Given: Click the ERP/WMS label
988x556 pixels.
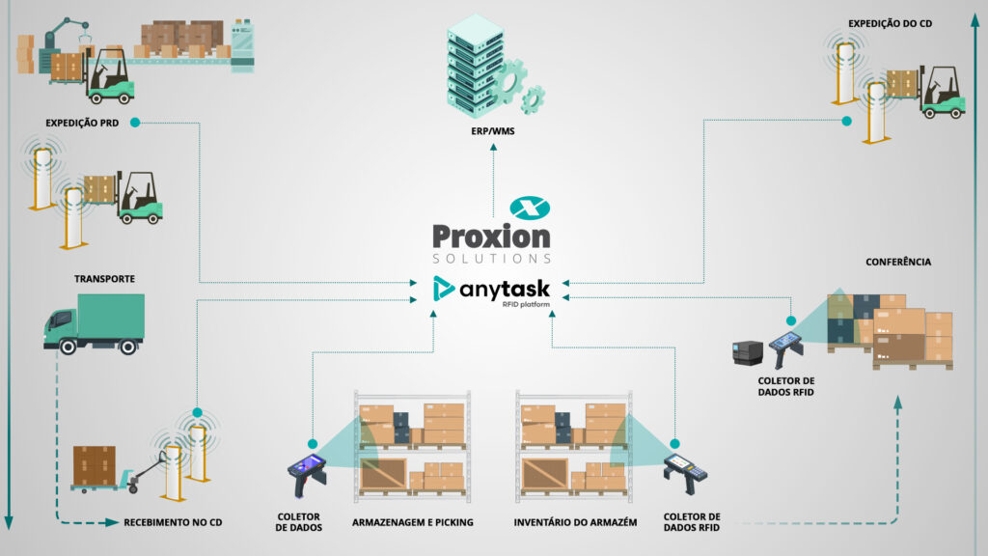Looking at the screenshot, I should pos(492,130).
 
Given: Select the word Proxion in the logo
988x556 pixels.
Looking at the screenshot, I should pos(492,236).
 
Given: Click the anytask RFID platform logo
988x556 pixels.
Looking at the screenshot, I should pos(493,290).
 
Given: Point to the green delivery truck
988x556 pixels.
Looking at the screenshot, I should pos(94,321).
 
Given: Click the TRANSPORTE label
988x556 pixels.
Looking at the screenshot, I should pos(104,279).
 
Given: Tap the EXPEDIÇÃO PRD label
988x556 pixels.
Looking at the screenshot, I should pos(82,123).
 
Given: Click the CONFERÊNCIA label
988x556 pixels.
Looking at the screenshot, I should pos(898,262).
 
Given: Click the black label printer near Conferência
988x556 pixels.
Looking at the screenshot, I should pos(748,352).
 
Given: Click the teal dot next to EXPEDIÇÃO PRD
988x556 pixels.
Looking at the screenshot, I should pos(135,123).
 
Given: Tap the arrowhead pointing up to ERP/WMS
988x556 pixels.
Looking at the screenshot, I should pos(492,147).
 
